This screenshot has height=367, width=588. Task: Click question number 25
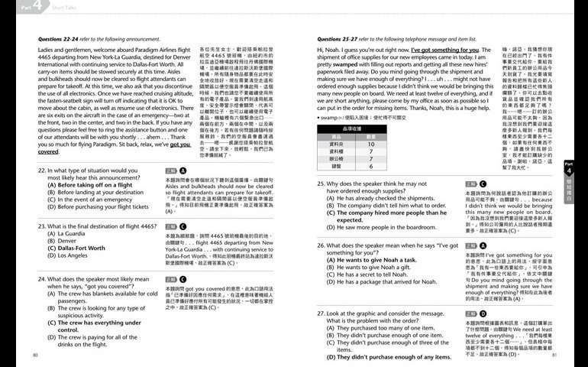[x=321, y=184]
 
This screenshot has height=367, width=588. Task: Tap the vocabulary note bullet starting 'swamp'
[x=360, y=119]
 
